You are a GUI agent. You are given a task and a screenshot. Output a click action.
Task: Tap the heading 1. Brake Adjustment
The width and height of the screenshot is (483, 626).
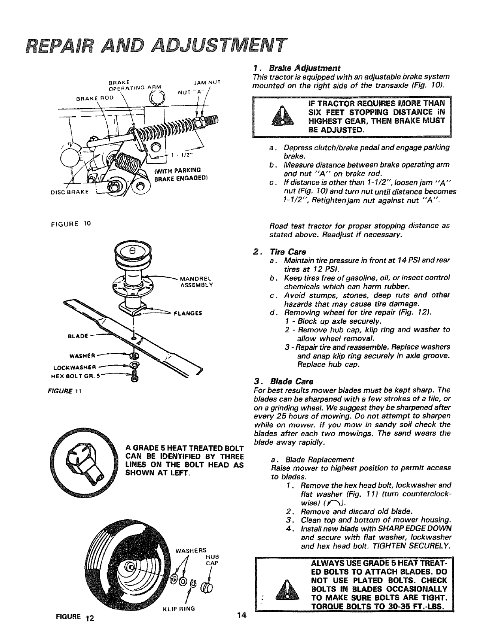pos(297,67)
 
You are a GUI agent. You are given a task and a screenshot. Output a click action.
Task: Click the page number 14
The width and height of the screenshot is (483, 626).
pos(241,615)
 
